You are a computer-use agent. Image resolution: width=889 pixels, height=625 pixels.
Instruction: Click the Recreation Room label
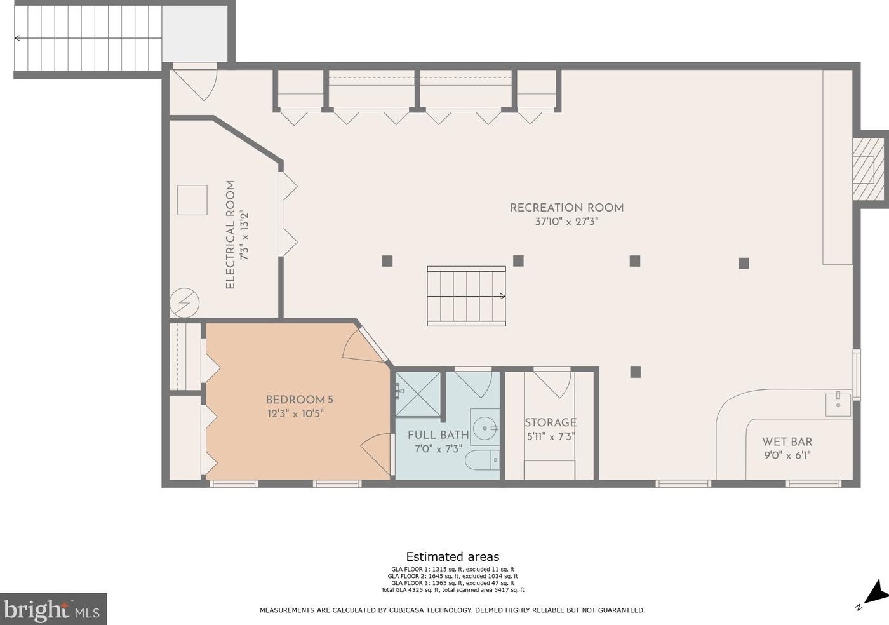click(x=566, y=208)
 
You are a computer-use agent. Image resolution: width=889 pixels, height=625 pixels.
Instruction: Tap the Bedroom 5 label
click(x=299, y=400)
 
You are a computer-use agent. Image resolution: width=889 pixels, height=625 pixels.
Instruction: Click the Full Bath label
click(x=438, y=435)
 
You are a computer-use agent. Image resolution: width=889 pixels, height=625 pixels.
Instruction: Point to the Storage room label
click(x=551, y=422)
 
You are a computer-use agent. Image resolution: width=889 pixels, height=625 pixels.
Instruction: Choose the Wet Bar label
click(x=787, y=441)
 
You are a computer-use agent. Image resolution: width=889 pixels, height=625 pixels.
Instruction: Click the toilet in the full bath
click(x=482, y=460)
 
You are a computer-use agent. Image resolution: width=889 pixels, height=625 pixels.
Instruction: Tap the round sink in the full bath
click(x=485, y=428)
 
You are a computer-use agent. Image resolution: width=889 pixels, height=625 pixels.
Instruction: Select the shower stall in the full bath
click(x=418, y=394)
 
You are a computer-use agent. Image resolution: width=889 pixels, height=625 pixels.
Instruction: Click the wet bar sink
click(x=838, y=405)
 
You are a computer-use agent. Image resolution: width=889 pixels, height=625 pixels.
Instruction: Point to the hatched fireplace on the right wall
click(x=869, y=170)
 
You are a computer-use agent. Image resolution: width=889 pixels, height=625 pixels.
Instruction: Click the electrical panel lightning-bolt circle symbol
click(x=185, y=302)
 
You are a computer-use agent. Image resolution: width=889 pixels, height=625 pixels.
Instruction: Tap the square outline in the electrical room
click(x=192, y=200)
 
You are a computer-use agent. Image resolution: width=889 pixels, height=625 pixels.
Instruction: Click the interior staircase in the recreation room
click(x=466, y=296)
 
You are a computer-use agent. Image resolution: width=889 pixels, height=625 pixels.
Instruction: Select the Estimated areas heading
click(x=452, y=556)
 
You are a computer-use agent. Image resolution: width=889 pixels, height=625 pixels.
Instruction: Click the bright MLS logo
click(x=53, y=608)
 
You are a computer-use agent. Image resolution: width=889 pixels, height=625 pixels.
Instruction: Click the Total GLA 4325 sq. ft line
click(x=453, y=590)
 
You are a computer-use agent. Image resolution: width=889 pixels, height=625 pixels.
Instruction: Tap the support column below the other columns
click(x=636, y=372)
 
